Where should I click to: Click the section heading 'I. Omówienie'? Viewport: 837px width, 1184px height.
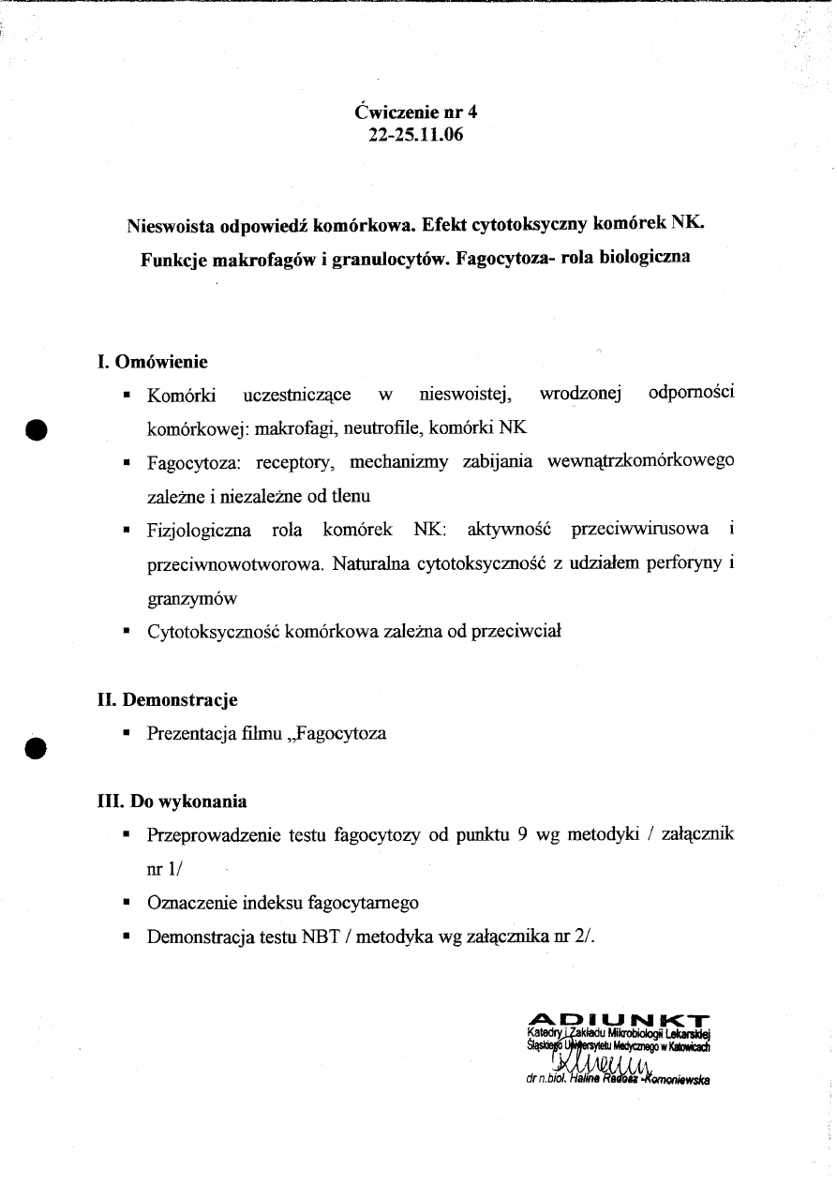point(153,362)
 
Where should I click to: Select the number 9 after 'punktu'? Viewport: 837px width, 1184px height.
point(523,835)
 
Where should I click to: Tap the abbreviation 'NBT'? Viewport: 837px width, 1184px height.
point(314,937)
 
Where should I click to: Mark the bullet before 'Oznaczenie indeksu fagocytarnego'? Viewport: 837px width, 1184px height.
point(126,904)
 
